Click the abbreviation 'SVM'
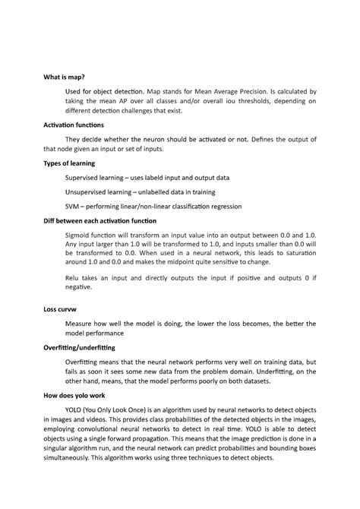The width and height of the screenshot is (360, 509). [x=74, y=206]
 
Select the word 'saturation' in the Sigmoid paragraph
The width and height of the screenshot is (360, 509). [x=295, y=254]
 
